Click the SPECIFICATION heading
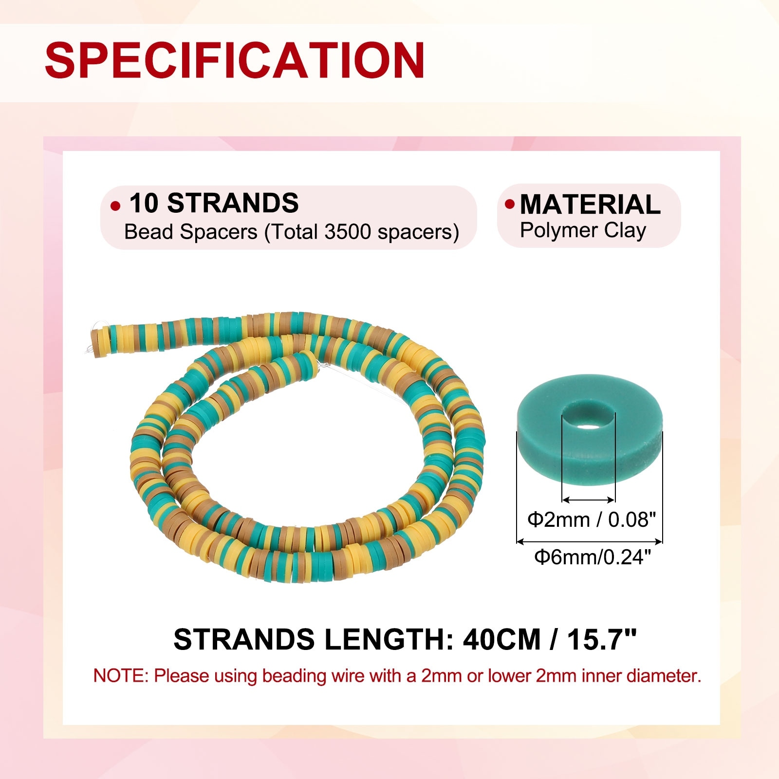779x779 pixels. coord(235,60)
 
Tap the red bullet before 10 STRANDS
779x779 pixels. coord(115,206)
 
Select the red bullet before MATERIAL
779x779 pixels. coord(510,204)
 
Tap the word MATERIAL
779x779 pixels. coord(590,204)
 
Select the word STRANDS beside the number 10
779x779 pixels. coord(233,203)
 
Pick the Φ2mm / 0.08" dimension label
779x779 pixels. coord(592,520)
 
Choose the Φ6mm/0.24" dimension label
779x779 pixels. coord(593,556)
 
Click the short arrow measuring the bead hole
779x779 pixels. coord(588,500)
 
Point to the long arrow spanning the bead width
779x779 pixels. coord(589,541)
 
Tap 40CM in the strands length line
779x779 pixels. coord(501,640)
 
